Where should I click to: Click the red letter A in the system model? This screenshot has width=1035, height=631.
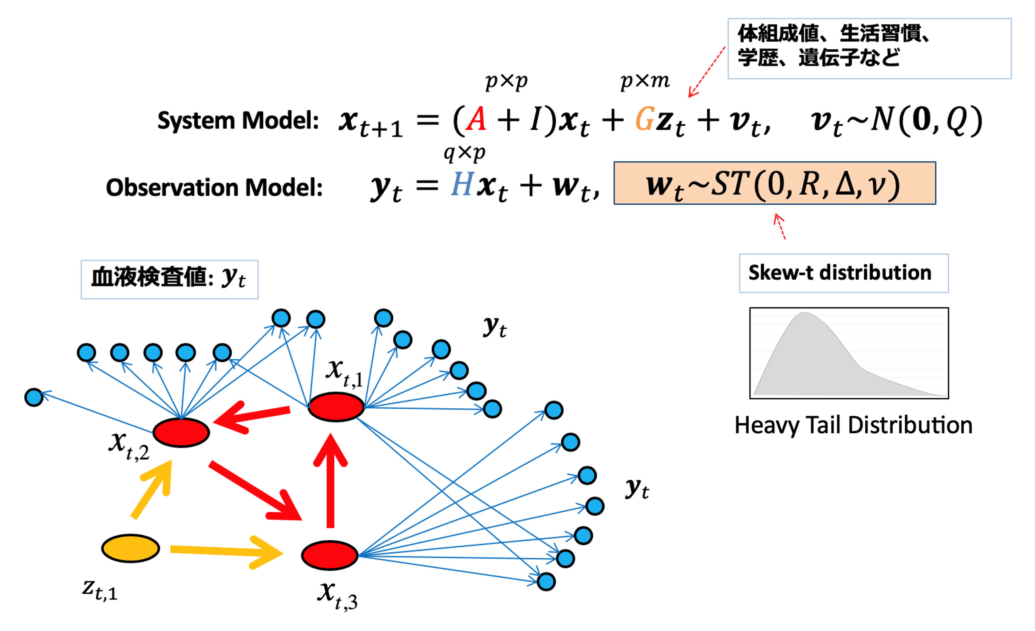476,120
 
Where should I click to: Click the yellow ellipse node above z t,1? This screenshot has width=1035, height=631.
131,549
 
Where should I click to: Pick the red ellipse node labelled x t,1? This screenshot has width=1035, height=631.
336,407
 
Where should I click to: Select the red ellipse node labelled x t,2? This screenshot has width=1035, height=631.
181,433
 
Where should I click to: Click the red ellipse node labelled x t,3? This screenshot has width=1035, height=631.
330,555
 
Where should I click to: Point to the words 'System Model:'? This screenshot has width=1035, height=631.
238,121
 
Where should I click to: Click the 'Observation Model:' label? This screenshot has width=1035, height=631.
214,187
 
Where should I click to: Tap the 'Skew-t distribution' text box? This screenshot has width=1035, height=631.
844,273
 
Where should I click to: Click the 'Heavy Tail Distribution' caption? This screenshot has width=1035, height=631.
853,425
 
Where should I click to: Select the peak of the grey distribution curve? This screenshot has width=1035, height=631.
804,314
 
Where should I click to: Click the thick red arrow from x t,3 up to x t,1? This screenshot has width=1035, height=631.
330,483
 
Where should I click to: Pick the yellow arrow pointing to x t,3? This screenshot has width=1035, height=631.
227,552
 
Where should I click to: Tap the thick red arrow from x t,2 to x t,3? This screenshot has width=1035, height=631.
255,490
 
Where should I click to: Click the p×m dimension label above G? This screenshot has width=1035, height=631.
645,80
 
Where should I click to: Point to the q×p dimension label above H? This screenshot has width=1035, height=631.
464,153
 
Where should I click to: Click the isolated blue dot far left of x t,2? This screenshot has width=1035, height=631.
34,397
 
